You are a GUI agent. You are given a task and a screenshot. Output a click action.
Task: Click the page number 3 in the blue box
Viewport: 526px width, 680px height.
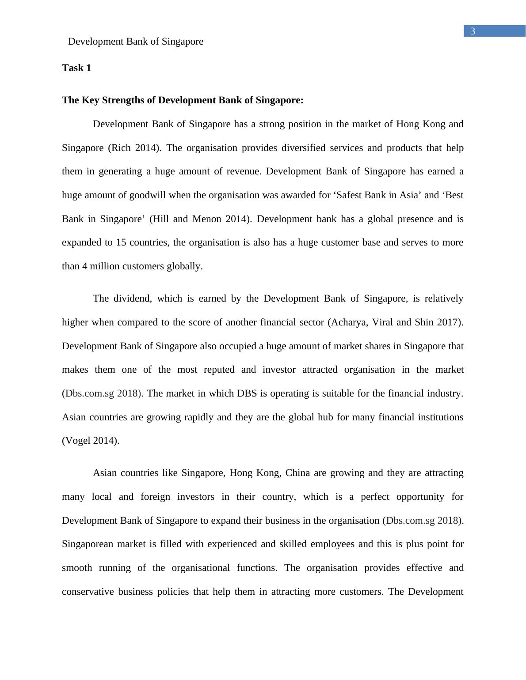tap(473, 31)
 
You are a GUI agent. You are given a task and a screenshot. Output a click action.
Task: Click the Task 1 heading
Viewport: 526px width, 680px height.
tap(76, 68)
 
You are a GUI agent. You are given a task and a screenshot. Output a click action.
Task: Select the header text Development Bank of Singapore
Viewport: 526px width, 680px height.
tap(136, 42)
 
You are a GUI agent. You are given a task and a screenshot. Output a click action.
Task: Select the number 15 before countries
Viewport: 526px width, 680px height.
tap(121, 242)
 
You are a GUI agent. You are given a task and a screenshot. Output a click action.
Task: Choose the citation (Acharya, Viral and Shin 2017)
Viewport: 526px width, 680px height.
tap(395, 322)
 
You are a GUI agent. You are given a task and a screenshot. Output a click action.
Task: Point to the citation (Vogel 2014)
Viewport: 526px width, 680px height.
tap(91, 441)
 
